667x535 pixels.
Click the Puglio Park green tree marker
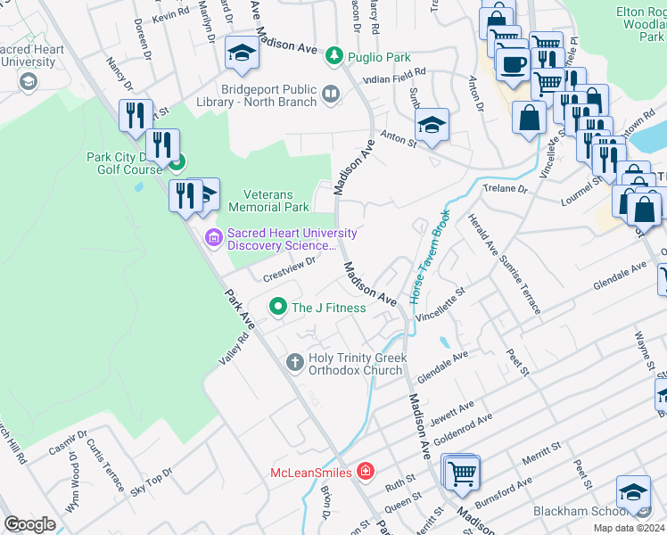(334, 55)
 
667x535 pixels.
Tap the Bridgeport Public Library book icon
(330, 94)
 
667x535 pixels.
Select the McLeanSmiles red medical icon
(365, 470)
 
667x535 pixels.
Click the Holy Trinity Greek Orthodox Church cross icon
(294, 362)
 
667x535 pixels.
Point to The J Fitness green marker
(278, 308)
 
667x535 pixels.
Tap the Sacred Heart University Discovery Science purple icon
(213, 237)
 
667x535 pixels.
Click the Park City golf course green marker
(177, 162)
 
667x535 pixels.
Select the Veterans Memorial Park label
(268, 201)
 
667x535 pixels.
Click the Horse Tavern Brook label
(427, 256)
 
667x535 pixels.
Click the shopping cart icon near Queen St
(462, 472)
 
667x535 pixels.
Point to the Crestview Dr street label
(290, 269)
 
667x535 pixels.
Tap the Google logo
(29, 524)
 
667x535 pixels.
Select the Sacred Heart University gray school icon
(28, 81)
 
